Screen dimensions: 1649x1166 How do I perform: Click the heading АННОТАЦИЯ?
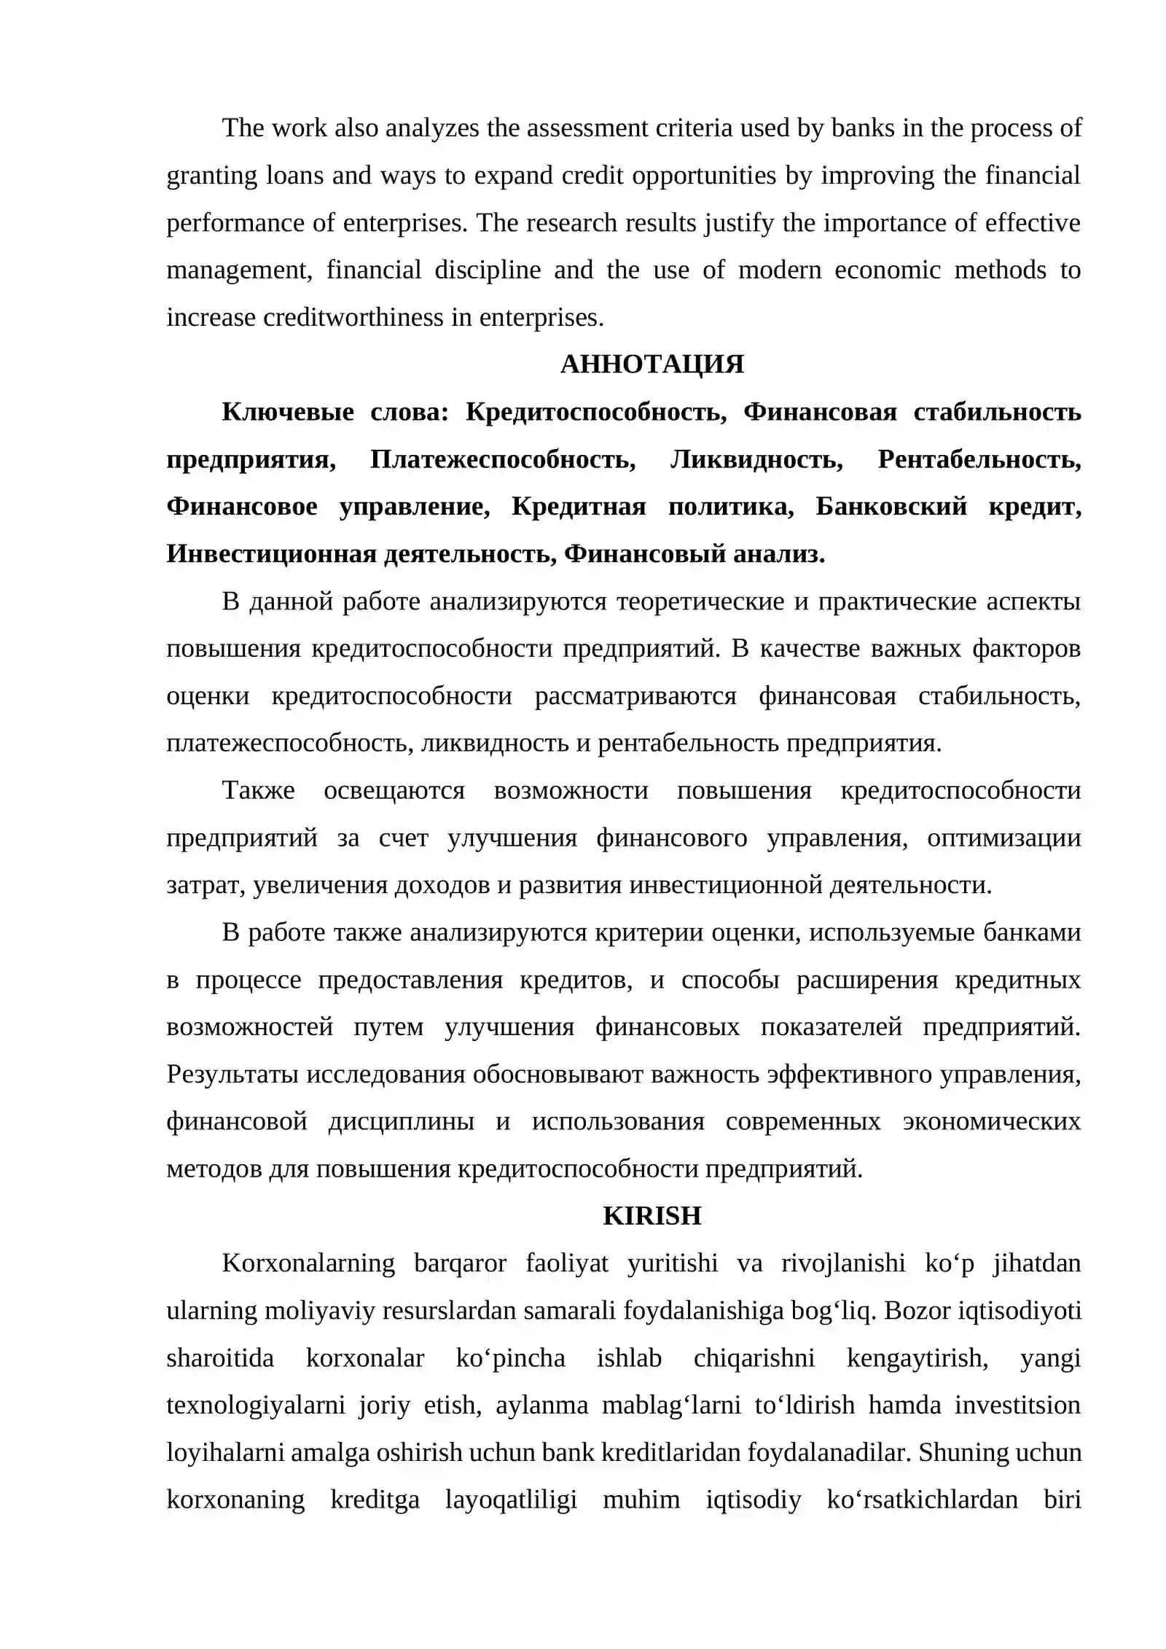pyautogui.click(x=652, y=364)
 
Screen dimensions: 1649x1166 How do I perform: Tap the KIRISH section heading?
pyautogui.click(x=652, y=1215)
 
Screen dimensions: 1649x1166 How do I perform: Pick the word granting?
pyautogui.click(x=212, y=176)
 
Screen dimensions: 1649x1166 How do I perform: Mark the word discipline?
pyautogui.click(x=488, y=270)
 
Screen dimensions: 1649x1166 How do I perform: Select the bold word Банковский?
pyautogui.click(x=891, y=507)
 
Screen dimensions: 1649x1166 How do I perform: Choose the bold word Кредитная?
pyautogui.click(x=579, y=507)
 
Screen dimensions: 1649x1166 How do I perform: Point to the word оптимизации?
pyautogui.click(x=1003, y=838)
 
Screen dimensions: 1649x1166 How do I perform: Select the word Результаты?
pyautogui.click(x=232, y=1074)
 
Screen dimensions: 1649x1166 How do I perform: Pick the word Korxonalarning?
pyautogui.click(x=308, y=1263)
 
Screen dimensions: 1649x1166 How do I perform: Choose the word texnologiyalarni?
pyautogui.click(x=256, y=1405)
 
